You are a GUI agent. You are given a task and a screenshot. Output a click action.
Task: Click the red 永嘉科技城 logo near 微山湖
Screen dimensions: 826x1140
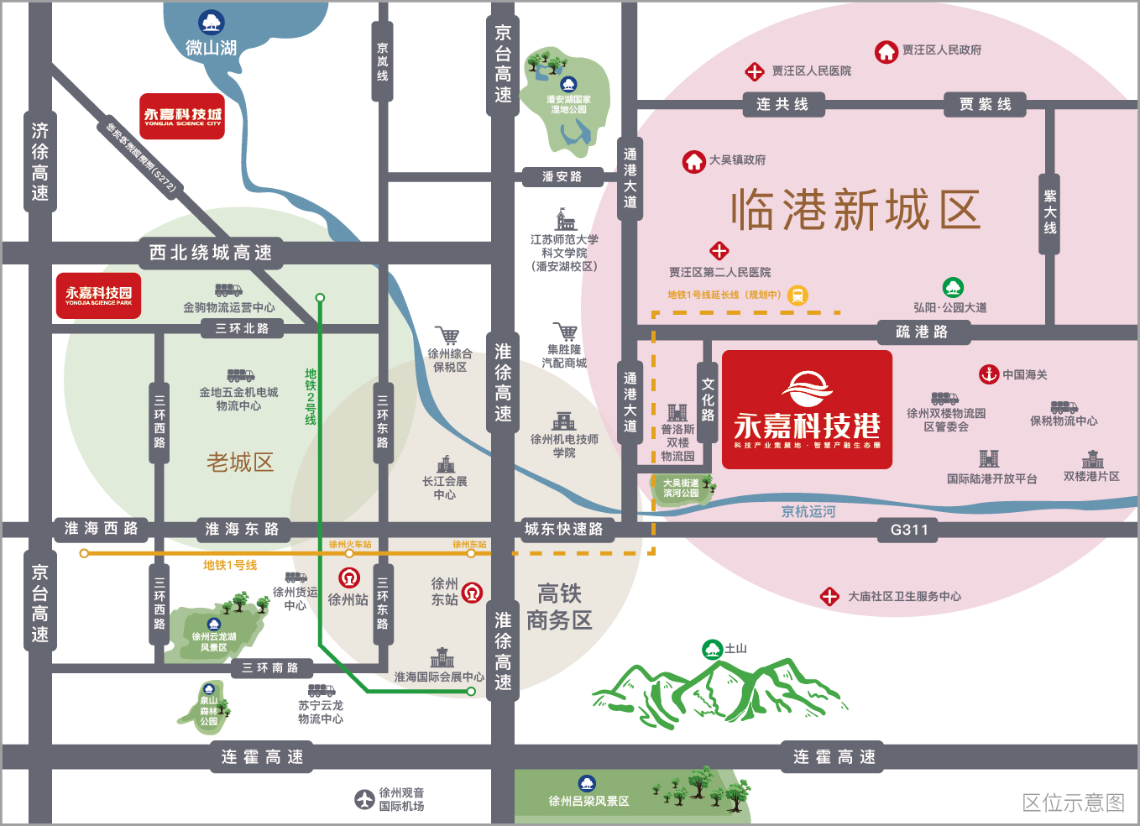tap(182, 116)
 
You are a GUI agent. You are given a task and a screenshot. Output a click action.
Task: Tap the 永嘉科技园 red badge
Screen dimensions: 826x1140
tap(98, 295)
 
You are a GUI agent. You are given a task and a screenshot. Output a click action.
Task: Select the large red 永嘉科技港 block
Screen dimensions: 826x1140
tap(807, 410)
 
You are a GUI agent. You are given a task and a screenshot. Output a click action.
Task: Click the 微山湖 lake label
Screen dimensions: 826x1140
tap(211, 48)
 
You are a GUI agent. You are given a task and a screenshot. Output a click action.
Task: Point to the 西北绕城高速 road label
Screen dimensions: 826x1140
tap(210, 253)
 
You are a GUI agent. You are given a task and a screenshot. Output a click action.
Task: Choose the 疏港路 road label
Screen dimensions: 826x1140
tap(922, 332)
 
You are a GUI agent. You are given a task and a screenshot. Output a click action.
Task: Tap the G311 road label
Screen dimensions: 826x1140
tap(909, 530)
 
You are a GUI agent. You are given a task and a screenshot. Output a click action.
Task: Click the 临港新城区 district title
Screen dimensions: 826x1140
tap(855, 210)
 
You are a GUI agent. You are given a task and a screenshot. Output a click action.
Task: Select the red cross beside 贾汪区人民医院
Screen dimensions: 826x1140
tap(755, 72)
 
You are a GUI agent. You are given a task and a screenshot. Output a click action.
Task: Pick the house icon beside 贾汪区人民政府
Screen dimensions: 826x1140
tap(886, 52)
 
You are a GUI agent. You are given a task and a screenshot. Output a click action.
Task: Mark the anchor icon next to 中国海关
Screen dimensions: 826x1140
tap(989, 374)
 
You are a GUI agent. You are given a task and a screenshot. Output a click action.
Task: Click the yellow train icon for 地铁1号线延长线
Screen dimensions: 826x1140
tap(797, 295)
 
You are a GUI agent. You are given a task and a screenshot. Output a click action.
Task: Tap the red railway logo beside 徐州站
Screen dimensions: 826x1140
tap(349, 578)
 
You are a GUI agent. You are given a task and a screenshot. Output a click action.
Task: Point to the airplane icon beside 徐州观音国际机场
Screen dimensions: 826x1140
tap(363, 800)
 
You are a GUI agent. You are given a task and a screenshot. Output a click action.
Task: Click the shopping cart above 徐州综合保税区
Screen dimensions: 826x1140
tap(447, 336)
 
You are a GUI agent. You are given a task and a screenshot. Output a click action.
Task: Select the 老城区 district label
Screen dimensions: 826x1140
tap(240, 462)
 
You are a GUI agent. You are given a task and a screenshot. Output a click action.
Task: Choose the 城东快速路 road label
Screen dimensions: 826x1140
tap(563, 530)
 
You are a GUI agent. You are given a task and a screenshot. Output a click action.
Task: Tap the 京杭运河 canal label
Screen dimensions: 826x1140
tap(808, 511)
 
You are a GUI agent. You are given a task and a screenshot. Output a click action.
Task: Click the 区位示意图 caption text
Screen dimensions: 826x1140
tap(1073, 802)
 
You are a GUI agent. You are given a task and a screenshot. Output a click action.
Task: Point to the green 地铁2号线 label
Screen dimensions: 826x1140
tap(311, 396)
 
